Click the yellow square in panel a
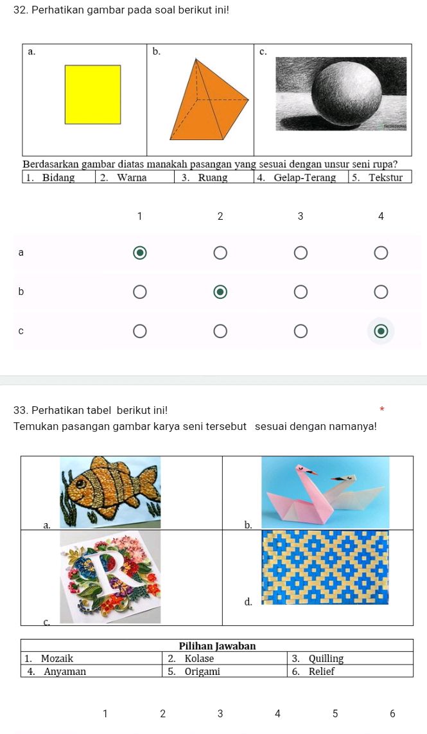tap(92, 94)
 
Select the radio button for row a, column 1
tap(139, 253)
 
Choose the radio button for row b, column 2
tap(220, 292)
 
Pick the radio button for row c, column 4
tap(381, 331)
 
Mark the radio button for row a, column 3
tap(301, 253)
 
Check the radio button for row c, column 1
tap(139, 331)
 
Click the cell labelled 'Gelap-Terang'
tap(301, 177)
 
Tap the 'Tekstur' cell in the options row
tap(381, 177)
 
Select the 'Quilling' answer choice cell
tap(350, 658)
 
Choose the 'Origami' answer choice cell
tap(224, 671)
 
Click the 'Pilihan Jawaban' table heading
tap(217, 645)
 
